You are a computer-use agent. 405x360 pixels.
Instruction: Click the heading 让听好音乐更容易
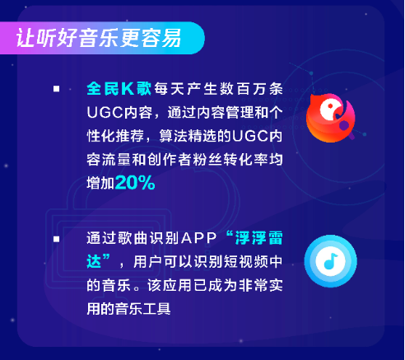pos(99,38)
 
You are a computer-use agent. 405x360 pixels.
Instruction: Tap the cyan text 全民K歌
pos(119,89)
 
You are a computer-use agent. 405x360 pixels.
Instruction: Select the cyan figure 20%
pos(135,183)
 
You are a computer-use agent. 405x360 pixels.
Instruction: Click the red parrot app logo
pos(331,118)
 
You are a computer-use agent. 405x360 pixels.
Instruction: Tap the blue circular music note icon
pos(331,261)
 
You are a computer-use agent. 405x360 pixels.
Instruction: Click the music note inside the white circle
pos(330,261)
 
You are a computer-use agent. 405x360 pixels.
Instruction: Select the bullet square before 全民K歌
pos(57,89)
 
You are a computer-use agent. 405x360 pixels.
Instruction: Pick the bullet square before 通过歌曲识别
pos(57,239)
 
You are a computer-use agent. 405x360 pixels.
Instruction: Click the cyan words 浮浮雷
pos(259,238)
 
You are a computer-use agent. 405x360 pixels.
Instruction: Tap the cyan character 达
pos(94,261)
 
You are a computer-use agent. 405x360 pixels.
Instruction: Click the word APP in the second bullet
pos(198,238)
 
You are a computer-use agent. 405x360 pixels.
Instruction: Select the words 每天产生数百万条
pos(218,89)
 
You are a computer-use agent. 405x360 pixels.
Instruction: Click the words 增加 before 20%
pos(100,183)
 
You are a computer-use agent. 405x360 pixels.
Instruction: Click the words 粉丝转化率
pos(230,160)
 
